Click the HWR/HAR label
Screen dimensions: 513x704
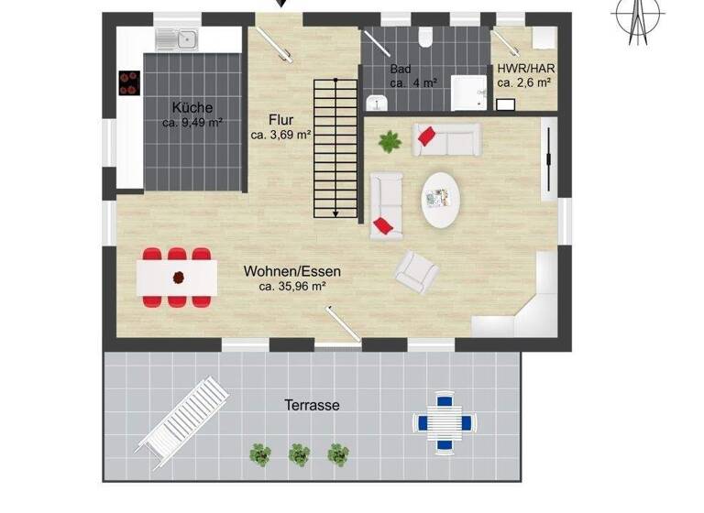525,69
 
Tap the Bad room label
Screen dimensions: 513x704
401,69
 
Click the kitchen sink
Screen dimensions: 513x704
176,38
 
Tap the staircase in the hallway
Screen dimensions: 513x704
336,147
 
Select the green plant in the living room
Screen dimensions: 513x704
390,141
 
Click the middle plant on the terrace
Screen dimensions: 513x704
298,453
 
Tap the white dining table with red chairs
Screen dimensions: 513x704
177,276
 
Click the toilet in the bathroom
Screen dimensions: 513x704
424,36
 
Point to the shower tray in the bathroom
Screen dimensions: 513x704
470,92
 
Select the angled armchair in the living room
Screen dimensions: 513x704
416,268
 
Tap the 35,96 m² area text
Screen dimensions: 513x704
292,286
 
